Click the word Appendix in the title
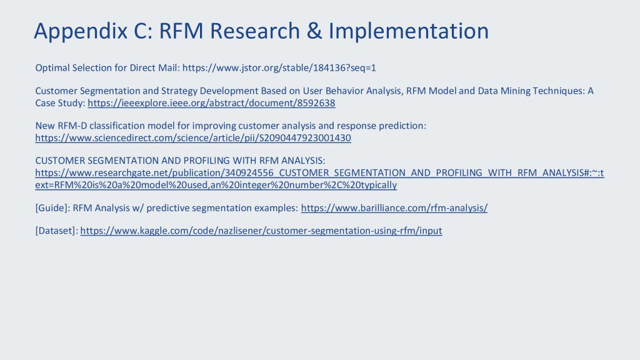tap(81, 31)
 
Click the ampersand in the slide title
tap(314, 31)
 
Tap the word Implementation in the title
tap(409, 31)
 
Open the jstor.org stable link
tap(279, 67)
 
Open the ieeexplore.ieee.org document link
tap(211, 103)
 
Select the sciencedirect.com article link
tap(193, 138)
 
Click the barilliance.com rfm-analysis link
tap(394, 208)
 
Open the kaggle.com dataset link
tap(261, 231)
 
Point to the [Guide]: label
tap(52, 208)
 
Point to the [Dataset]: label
tap(56, 231)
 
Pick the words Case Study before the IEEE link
tap(60, 103)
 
